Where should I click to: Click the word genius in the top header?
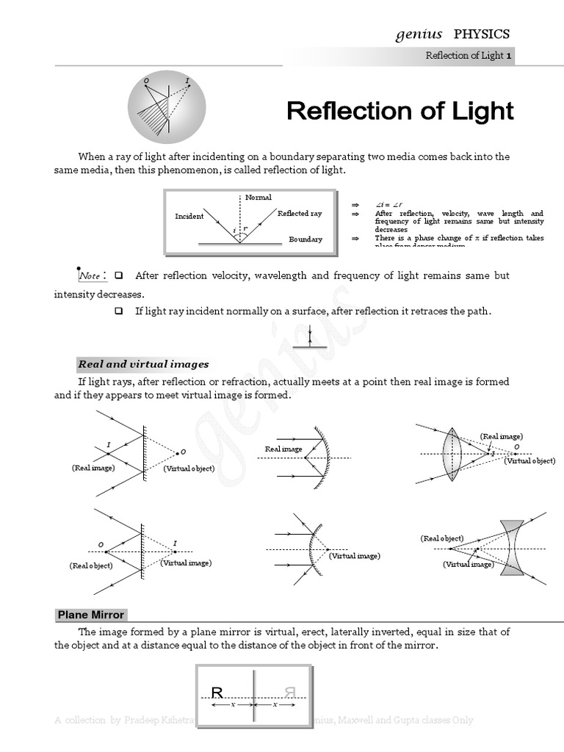click(x=419, y=34)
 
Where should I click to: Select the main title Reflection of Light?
click(x=399, y=112)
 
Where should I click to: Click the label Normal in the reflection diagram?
click(x=258, y=197)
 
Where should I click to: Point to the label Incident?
click(x=189, y=217)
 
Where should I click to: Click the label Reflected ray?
click(x=300, y=213)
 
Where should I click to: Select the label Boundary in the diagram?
click(x=305, y=239)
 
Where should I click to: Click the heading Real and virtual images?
click(x=143, y=364)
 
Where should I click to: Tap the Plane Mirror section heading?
click(x=90, y=615)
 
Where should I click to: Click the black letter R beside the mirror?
click(x=217, y=692)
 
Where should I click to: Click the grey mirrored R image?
click(x=289, y=692)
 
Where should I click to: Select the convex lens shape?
click(x=452, y=454)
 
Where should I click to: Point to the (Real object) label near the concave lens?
click(x=442, y=538)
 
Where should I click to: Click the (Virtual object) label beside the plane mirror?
click(x=189, y=469)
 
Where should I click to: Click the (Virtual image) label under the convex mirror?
click(x=354, y=556)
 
